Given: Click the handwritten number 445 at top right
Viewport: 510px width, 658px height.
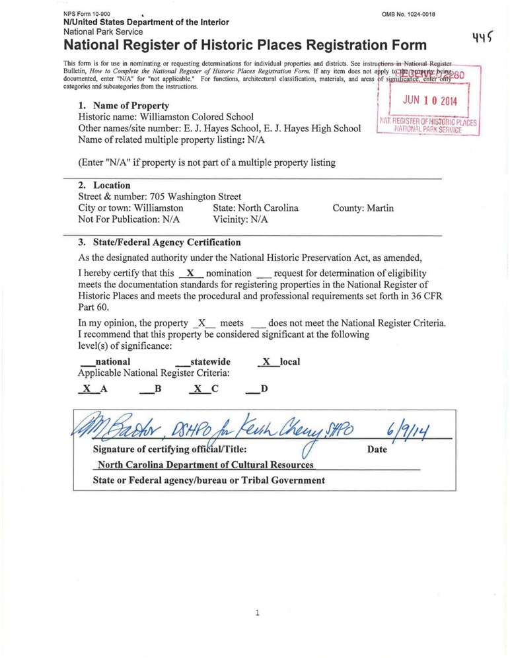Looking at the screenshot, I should tap(484, 40).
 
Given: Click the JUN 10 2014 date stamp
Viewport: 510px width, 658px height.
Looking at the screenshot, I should tap(429, 101).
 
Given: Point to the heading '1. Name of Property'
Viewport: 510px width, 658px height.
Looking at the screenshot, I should tap(124, 105).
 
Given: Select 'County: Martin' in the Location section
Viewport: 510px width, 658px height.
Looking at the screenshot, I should tap(363, 208).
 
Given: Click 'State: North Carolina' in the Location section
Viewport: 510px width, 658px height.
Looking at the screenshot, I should tap(256, 208).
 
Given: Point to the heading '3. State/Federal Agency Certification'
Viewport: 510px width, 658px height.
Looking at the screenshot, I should tap(159, 242).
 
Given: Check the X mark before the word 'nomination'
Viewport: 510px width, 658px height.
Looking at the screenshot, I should tap(190, 273).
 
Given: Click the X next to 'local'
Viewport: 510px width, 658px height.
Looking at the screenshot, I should tap(266, 362).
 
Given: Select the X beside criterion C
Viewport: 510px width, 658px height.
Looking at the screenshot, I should tap(197, 389).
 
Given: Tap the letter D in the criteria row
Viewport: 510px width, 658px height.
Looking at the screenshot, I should tap(264, 389).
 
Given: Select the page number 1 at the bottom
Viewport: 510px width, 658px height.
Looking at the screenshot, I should tap(256, 613).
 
